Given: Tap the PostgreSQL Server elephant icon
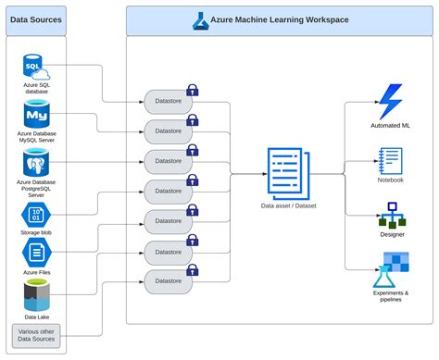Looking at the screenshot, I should (x=36, y=165).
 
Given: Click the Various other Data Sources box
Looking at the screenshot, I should (x=36, y=335).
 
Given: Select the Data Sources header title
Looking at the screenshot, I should (x=36, y=18).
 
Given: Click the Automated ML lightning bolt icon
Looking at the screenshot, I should (x=390, y=101).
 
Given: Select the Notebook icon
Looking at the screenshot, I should (x=390, y=159).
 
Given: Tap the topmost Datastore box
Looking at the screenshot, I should (x=167, y=101).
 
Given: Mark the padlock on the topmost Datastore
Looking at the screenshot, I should (x=193, y=90).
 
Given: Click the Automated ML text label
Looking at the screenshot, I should (x=390, y=124).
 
